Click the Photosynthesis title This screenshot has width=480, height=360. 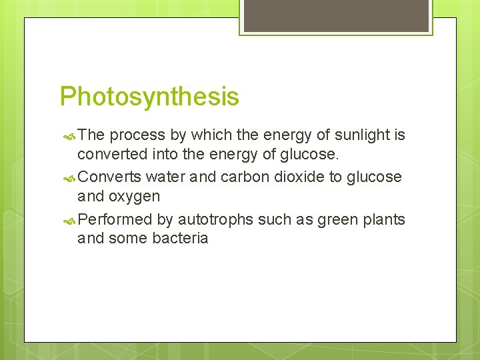[149, 97]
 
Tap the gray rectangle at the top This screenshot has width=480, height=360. [335, 15]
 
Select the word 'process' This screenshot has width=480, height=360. [137, 136]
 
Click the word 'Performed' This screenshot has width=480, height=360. [115, 219]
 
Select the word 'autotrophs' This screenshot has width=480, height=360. [212, 219]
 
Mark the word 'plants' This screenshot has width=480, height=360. [385, 219]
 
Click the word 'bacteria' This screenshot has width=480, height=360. [180, 239]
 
